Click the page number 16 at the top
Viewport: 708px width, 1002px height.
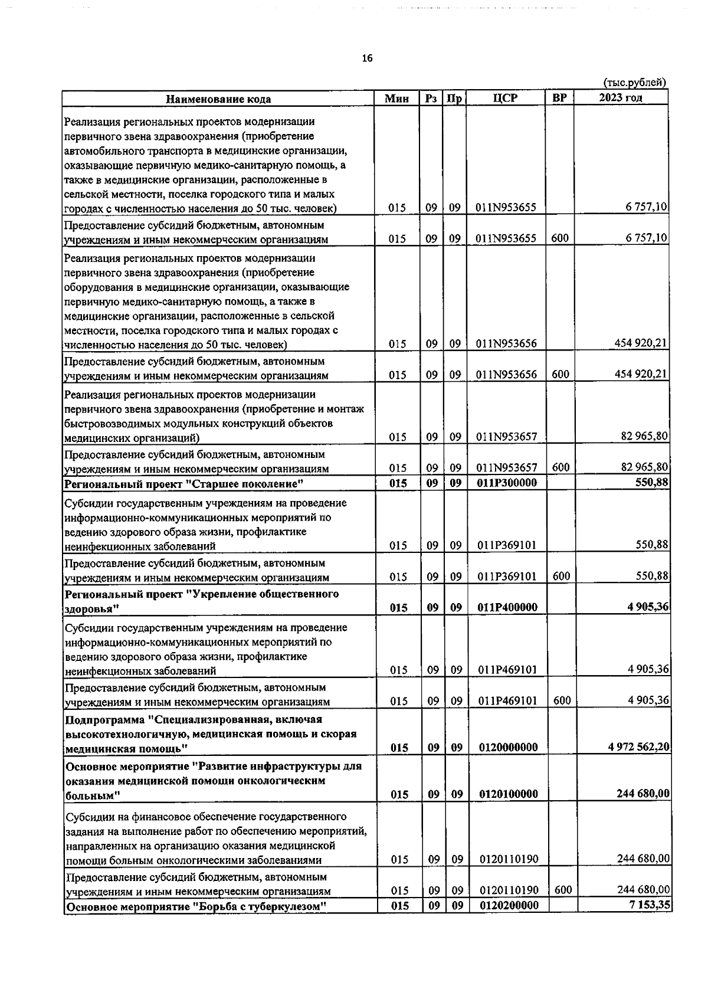368,58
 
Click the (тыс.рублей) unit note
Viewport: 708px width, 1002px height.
635,83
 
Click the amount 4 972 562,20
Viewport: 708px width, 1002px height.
639,746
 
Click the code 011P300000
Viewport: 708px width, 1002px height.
507,484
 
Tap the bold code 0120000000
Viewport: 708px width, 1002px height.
509,747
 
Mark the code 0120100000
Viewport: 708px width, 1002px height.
509,794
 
